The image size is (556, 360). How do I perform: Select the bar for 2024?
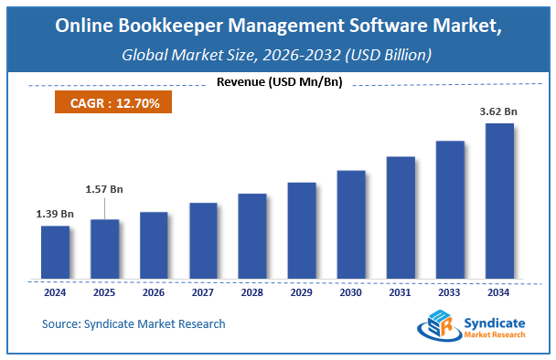(x=55, y=251)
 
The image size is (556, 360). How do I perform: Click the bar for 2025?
(x=104, y=248)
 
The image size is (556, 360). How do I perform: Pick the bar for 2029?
(x=302, y=229)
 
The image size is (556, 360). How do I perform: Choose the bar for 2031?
(x=401, y=217)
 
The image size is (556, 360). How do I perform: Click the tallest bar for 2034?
(x=499, y=200)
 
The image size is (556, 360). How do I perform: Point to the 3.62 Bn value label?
(x=498, y=112)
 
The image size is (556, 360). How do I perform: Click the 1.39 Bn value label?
(x=55, y=214)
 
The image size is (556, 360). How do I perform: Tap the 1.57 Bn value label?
(x=103, y=189)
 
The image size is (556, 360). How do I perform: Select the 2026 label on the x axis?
(x=154, y=294)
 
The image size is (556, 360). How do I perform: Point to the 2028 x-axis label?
(x=252, y=294)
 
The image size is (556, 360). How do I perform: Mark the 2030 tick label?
(x=351, y=294)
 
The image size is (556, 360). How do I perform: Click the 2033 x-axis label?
(x=450, y=294)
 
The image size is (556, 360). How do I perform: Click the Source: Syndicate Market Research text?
(x=134, y=323)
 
